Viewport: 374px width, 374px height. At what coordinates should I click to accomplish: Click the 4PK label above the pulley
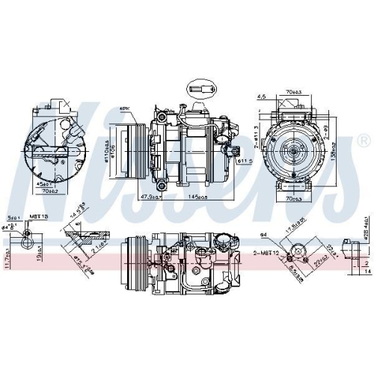click(x=124, y=109)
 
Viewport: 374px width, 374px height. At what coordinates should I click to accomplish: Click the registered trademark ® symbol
click(x=364, y=140)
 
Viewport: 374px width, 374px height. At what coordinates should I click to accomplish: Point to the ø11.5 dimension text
click(x=242, y=160)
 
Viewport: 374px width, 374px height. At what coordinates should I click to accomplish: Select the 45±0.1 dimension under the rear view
click(x=44, y=182)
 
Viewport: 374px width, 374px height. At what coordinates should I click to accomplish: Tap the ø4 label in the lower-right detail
click(x=263, y=234)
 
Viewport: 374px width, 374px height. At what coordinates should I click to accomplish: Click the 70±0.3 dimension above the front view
click(x=292, y=95)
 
